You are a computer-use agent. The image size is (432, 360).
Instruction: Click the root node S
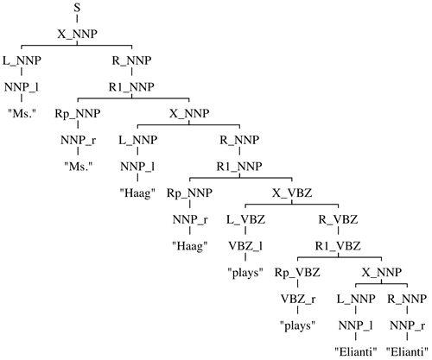pyautogui.click(x=77, y=8)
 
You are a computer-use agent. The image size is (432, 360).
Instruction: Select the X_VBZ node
pyautogui.click(x=292, y=193)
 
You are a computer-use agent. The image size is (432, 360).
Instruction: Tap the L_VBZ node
pyautogui.click(x=245, y=220)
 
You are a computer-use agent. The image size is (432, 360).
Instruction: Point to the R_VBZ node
pyautogui.click(x=338, y=220)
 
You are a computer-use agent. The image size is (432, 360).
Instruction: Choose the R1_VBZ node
pyautogui.click(x=338, y=246)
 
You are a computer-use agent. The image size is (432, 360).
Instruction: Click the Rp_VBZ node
pyautogui.click(x=297, y=273)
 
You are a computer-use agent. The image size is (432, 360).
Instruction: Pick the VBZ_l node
pyautogui.click(x=245, y=246)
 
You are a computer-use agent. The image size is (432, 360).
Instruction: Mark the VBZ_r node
pyautogui.click(x=298, y=300)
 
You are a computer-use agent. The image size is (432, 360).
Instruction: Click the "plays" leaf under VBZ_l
pyautogui.click(x=245, y=272)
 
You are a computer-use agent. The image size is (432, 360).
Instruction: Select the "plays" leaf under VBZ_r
pyautogui.click(x=298, y=325)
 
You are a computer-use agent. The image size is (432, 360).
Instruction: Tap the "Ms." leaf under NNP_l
pyautogui.click(x=22, y=113)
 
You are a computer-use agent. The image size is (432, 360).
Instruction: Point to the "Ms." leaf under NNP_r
pyautogui.click(x=78, y=166)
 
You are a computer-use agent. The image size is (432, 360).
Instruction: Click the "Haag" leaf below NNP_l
pyautogui.click(x=137, y=193)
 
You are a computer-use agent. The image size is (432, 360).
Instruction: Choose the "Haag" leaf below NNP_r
pyautogui.click(x=190, y=246)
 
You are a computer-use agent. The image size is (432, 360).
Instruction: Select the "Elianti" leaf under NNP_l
pyautogui.click(x=356, y=352)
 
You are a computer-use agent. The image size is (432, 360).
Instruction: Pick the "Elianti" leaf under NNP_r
pyautogui.click(x=407, y=352)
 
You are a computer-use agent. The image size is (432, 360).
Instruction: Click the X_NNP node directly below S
pyautogui.click(x=77, y=35)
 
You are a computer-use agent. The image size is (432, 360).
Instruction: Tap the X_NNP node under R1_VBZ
pyautogui.click(x=382, y=273)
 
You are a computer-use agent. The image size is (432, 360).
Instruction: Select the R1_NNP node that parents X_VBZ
pyautogui.click(x=239, y=167)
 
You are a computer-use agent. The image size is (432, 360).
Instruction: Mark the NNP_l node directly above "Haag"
pyautogui.click(x=137, y=167)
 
